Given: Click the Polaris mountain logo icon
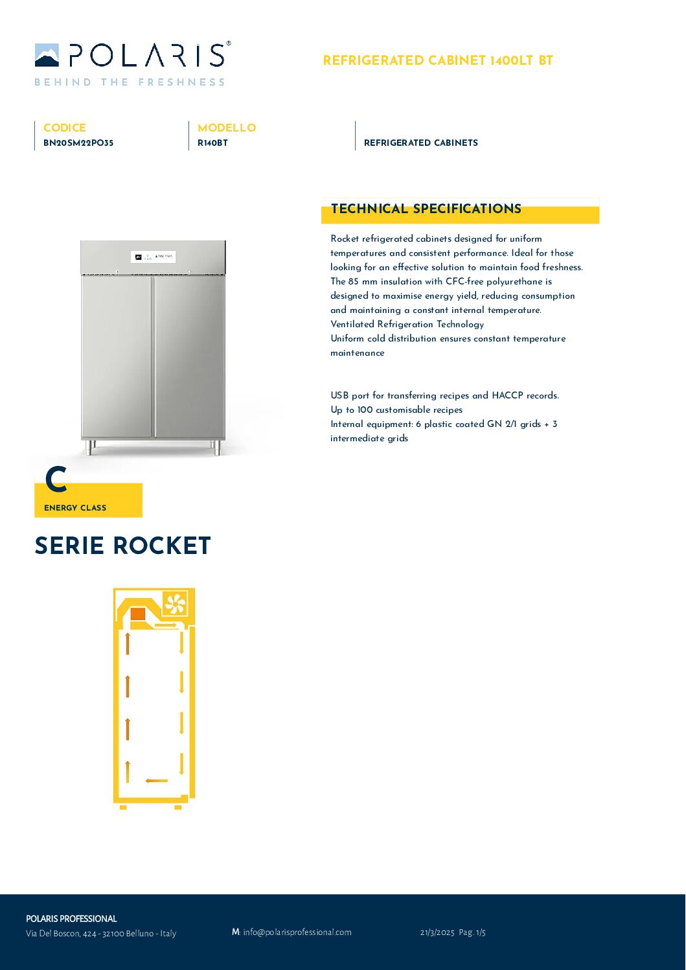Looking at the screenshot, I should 47,55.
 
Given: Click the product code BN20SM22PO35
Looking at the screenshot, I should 78,143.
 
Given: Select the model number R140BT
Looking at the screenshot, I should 212,143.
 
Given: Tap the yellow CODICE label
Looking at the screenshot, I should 64,128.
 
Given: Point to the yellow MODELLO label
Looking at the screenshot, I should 227,128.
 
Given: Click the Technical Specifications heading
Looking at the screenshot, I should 426,209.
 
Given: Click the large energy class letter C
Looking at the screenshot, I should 56,480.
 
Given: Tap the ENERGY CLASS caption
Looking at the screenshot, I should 75,508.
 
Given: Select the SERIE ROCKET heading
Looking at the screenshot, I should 122,546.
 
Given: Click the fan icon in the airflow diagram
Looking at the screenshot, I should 175,604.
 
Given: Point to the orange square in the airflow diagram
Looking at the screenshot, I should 138,614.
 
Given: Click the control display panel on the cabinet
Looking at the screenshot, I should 154,257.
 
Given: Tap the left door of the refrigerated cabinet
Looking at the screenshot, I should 117,356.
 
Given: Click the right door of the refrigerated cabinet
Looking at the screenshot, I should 189,356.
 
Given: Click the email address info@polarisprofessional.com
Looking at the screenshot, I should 297,932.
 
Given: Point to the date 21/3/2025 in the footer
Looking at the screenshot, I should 437,932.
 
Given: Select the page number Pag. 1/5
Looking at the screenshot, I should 472,932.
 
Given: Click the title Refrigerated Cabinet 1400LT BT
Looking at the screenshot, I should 438,61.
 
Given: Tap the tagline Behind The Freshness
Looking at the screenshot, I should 130,82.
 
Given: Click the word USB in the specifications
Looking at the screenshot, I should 339,395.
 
